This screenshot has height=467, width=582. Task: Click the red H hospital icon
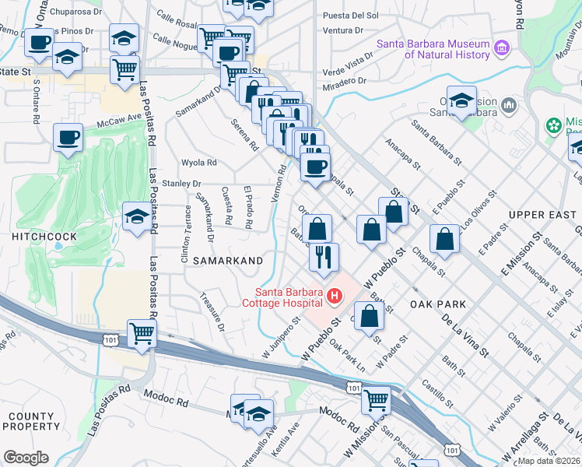(335, 297)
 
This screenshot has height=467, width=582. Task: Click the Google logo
(26, 457)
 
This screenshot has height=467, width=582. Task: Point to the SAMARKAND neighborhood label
(228, 260)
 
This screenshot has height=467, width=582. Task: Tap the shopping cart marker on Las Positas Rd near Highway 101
(142, 334)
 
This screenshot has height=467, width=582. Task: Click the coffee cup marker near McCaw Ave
(68, 138)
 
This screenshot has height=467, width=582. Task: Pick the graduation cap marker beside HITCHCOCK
(137, 216)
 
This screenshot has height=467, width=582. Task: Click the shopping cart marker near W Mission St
(376, 400)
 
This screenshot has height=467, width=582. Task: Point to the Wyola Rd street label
(198, 163)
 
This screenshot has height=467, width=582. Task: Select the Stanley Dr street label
(182, 184)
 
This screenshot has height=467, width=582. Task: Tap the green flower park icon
(553, 125)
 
